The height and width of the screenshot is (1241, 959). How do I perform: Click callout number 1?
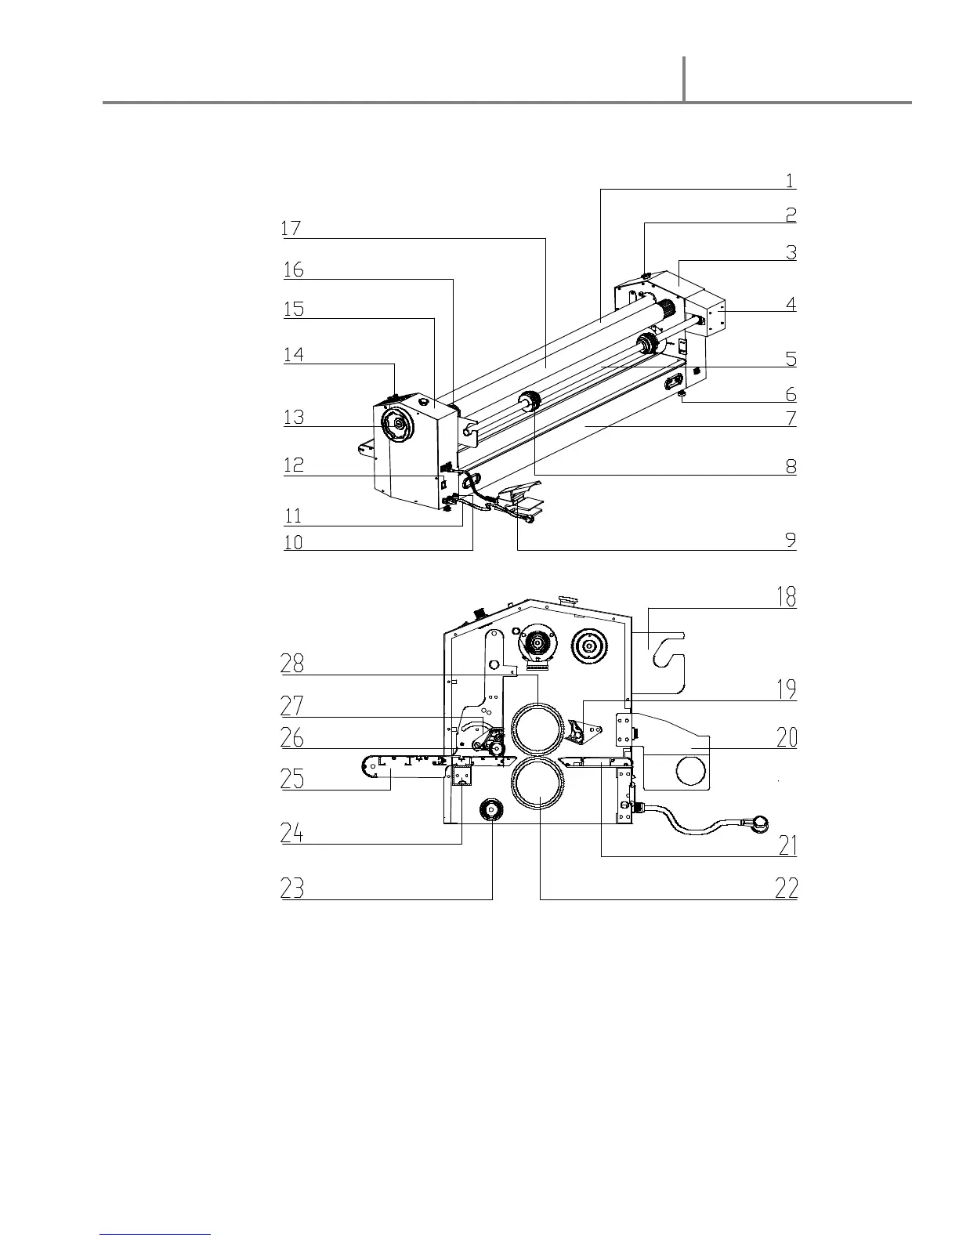tap(791, 180)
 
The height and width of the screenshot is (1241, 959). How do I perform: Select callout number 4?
tap(791, 304)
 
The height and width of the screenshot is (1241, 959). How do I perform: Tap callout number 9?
tap(791, 540)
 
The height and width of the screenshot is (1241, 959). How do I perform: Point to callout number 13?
tap(294, 417)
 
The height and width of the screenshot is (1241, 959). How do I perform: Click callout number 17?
tap(291, 229)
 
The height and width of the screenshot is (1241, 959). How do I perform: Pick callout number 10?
tap(293, 542)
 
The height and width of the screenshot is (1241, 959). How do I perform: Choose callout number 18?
tap(787, 597)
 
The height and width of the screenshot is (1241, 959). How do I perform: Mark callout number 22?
tap(787, 888)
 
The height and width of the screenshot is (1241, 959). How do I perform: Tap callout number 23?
tap(292, 888)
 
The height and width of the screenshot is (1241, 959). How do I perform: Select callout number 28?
tap(292, 664)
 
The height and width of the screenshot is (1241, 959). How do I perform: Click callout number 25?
tap(292, 779)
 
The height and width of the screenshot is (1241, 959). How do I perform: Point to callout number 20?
tap(787, 737)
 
